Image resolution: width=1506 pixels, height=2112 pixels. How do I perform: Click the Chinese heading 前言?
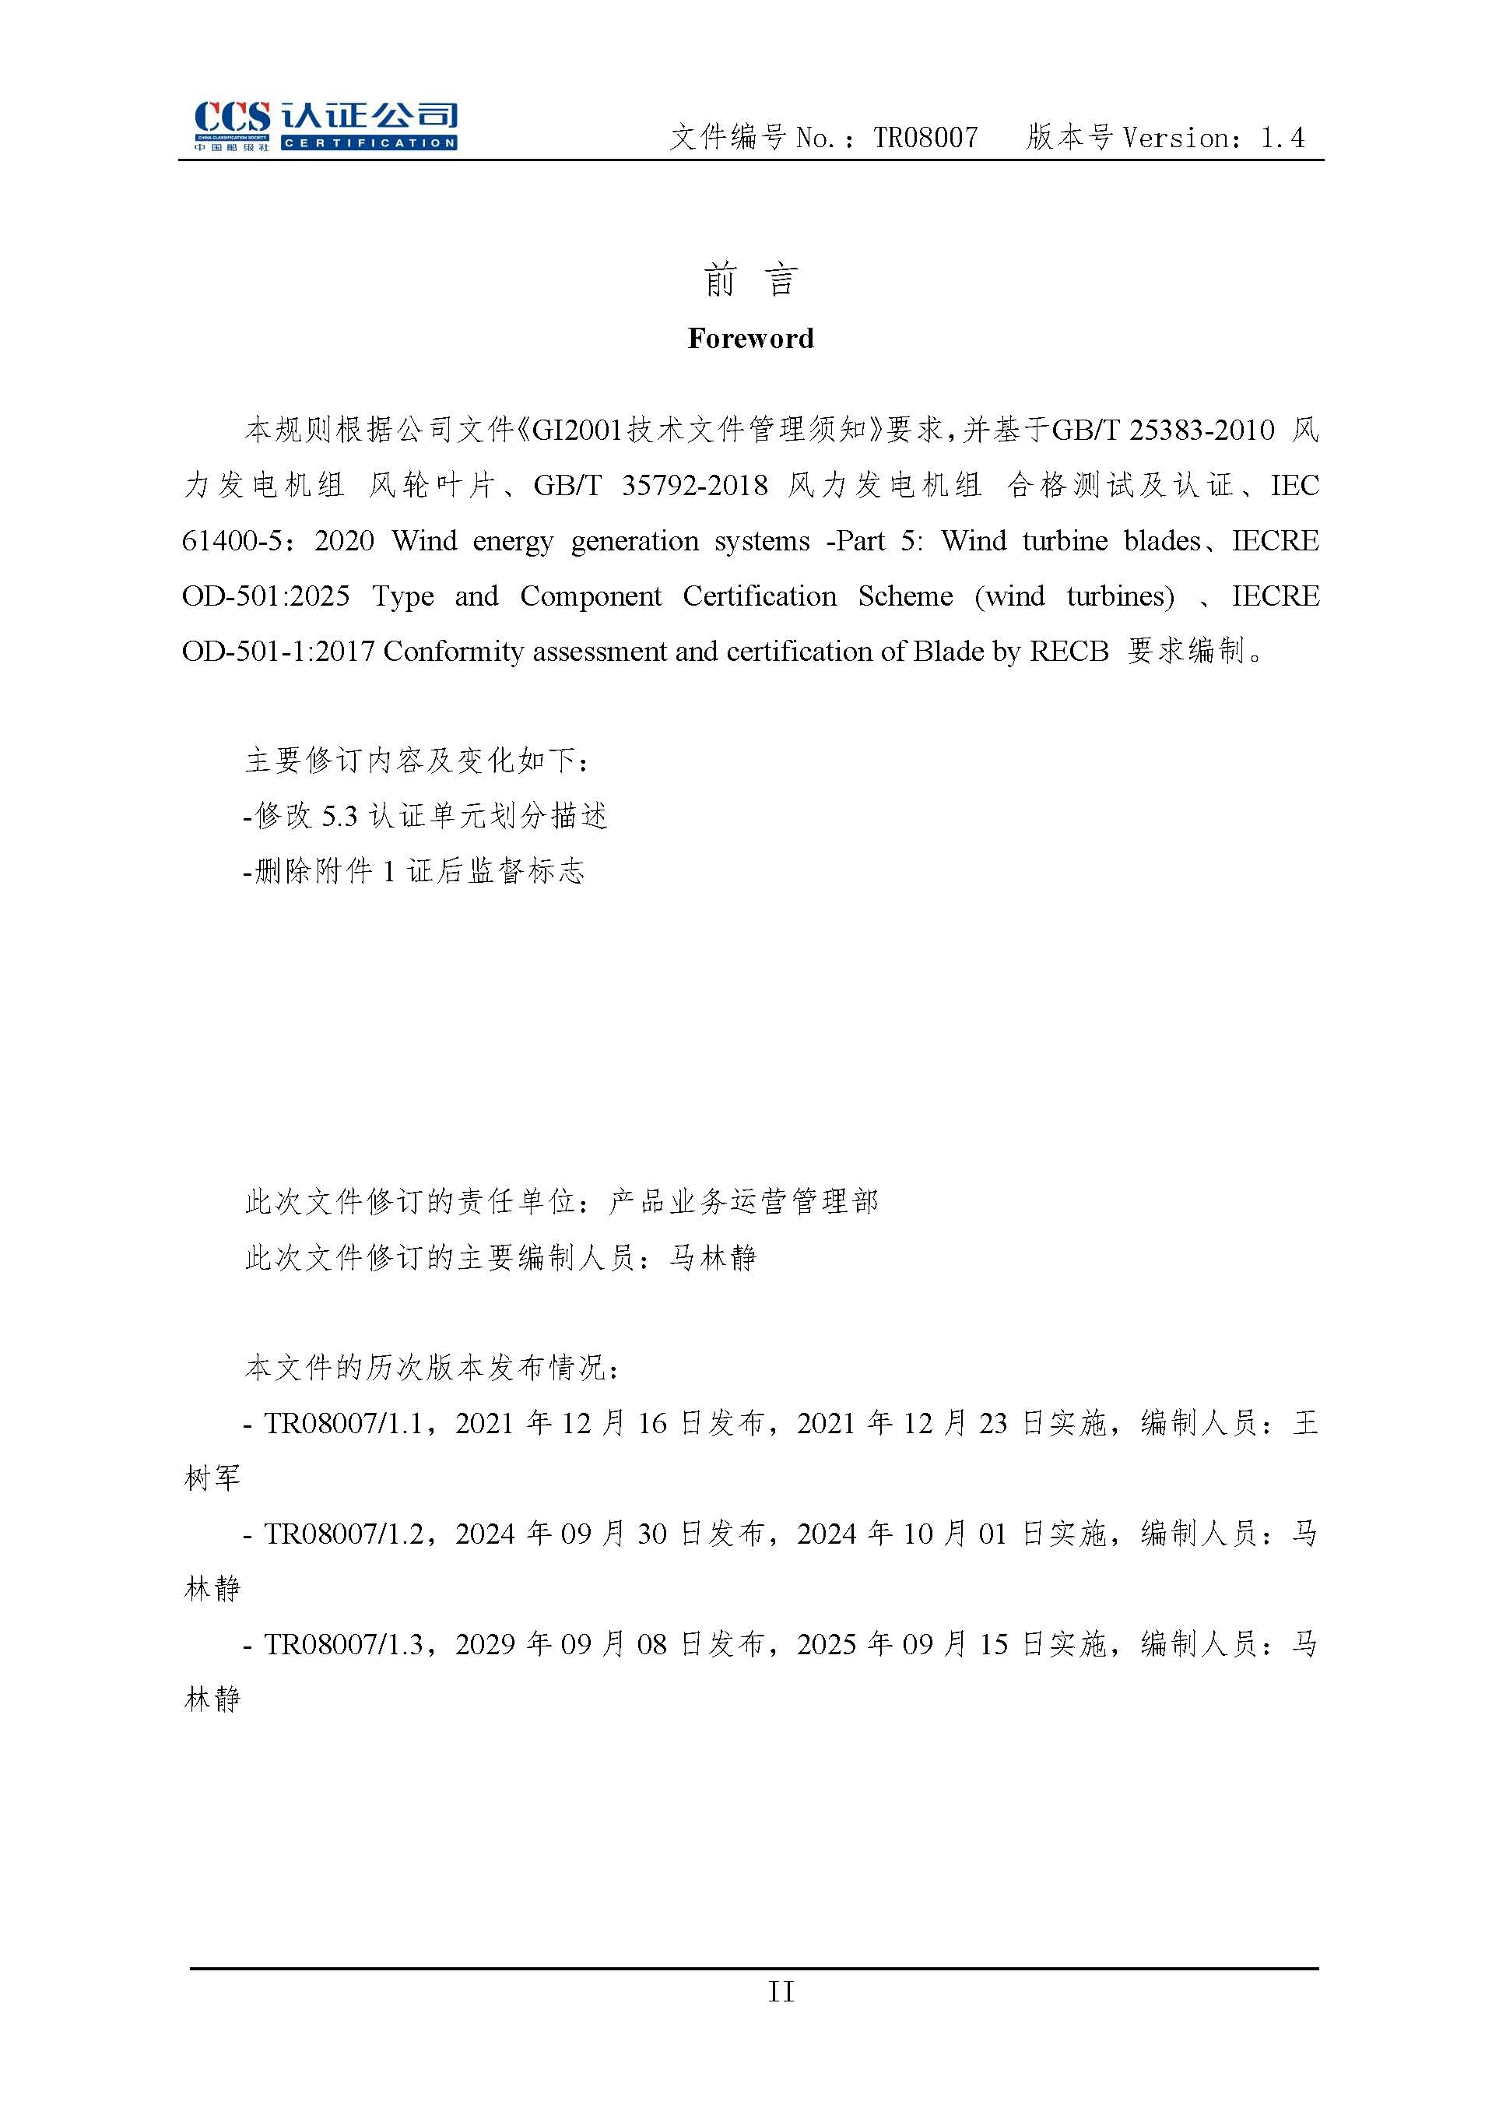tap(750, 279)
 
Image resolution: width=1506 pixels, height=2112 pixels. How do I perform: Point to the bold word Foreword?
tap(750, 339)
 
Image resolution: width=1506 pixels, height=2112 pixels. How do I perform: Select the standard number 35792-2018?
tap(693, 485)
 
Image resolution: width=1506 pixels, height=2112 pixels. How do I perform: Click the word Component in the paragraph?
tap(591, 596)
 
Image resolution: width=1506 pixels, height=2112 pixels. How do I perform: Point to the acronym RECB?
tap(1069, 651)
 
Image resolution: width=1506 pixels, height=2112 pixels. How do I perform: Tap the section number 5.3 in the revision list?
tap(339, 817)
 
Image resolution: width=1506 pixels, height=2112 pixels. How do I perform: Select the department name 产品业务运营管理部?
tap(742, 1202)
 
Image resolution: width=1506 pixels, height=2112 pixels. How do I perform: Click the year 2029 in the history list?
tap(484, 1644)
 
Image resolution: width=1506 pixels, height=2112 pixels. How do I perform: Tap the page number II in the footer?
tap(781, 1991)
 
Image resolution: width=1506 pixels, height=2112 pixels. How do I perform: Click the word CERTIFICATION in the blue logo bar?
tap(368, 142)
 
